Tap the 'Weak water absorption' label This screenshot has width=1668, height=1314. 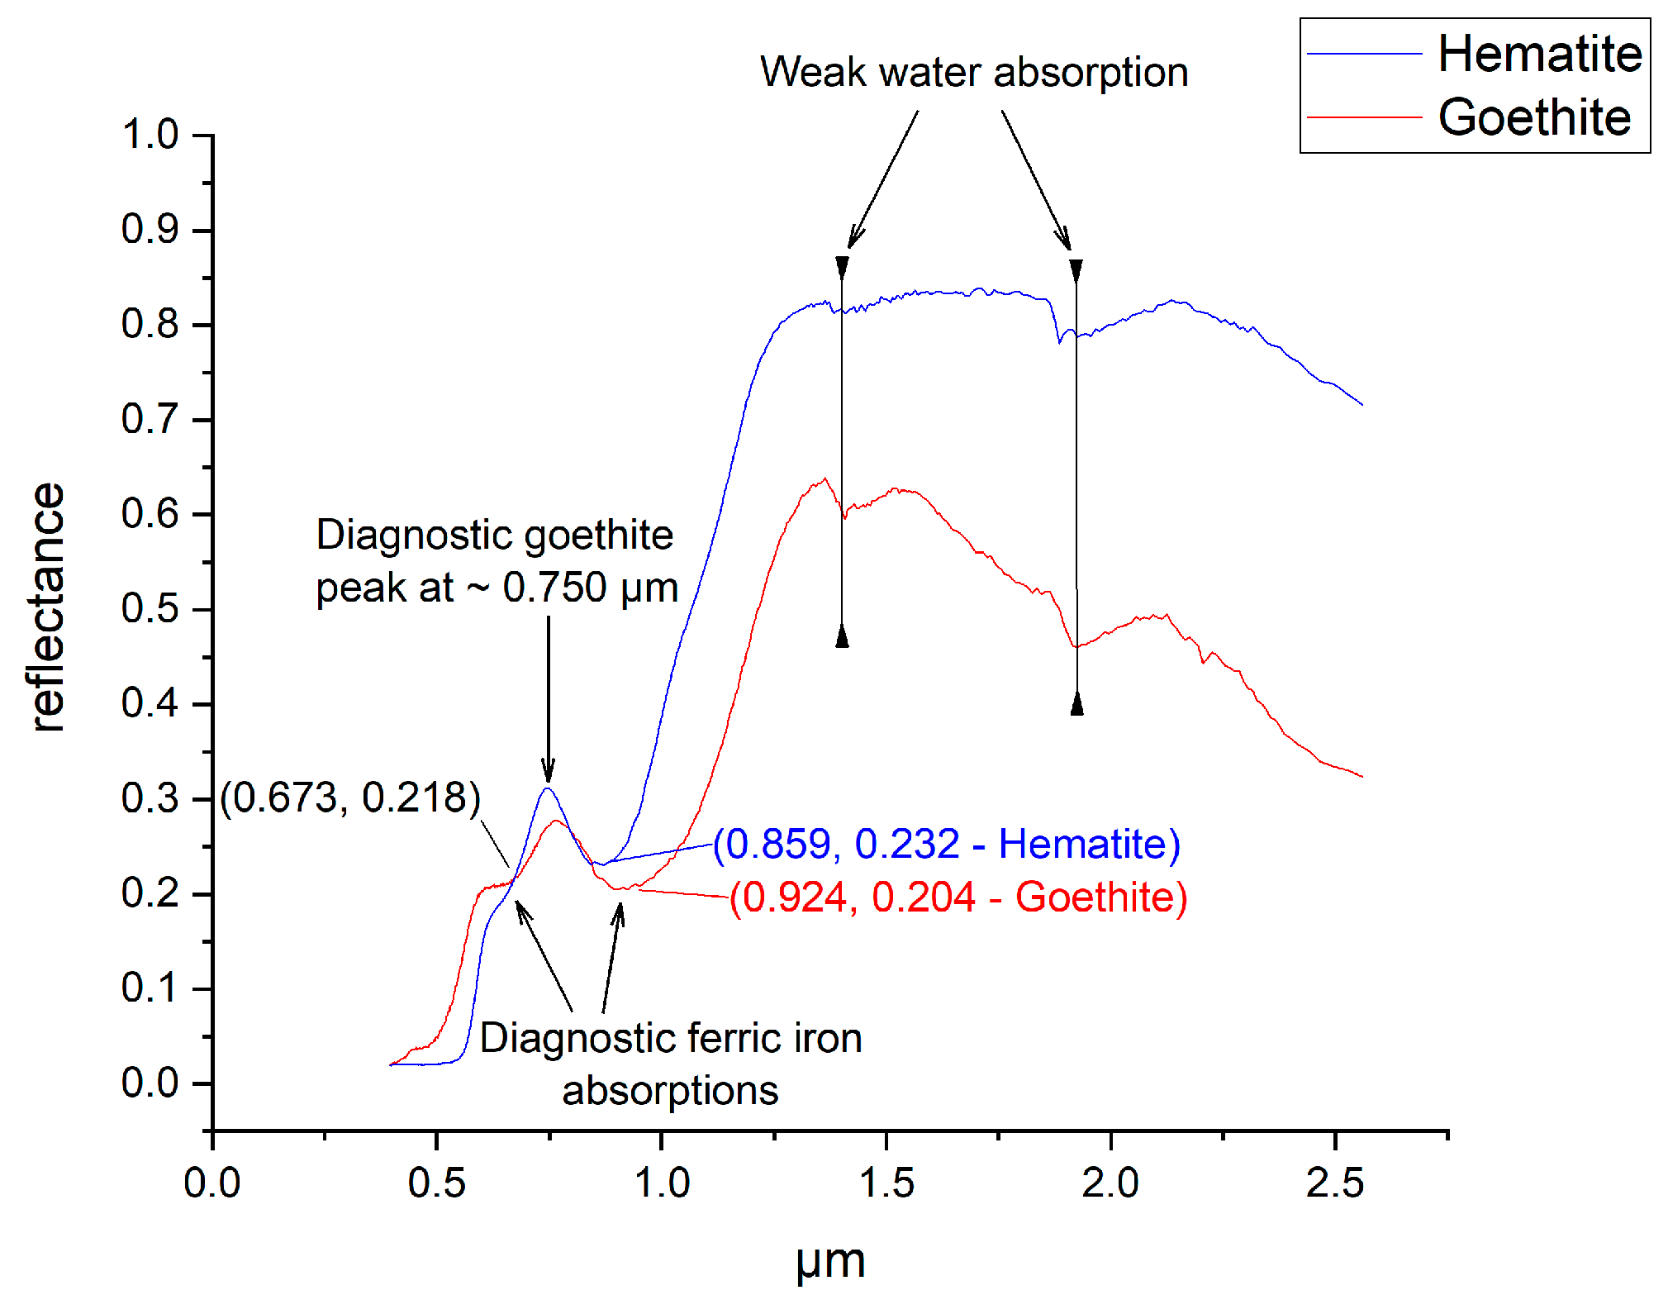tap(973, 72)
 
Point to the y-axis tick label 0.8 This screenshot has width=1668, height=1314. tap(150, 324)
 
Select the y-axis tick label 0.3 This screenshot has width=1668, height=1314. tap(150, 798)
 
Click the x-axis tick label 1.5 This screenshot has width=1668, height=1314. tap(886, 1183)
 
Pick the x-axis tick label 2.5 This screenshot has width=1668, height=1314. tap(1334, 1183)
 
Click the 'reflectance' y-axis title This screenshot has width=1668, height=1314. tap(47, 607)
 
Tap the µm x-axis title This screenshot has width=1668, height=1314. tap(830, 1263)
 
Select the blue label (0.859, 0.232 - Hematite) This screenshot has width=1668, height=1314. tap(947, 844)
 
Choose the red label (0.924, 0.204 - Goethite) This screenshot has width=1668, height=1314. tap(958, 897)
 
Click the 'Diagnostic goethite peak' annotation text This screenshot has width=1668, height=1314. tap(496, 561)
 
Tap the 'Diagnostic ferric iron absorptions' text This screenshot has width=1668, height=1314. tap(670, 1064)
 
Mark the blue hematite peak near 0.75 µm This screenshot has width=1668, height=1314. tap(547, 788)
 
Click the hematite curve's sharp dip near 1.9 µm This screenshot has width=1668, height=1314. tap(1060, 340)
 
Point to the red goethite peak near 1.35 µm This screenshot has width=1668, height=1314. tap(824, 479)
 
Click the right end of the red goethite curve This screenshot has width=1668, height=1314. tap(1361, 776)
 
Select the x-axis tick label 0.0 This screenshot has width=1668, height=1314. tap(212, 1183)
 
